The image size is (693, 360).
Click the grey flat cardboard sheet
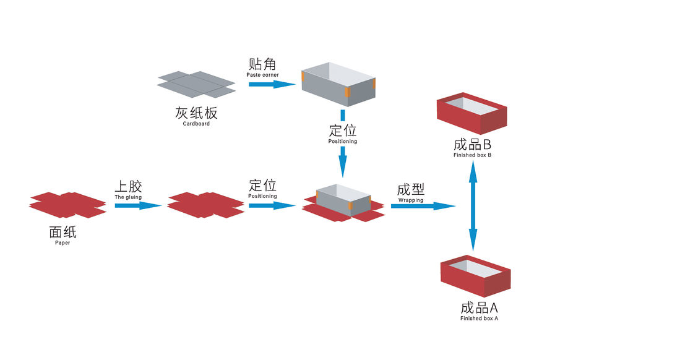[x=197, y=84]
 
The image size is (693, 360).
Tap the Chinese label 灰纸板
[x=196, y=113]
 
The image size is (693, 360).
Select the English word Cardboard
[x=196, y=124]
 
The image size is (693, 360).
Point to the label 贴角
[x=262, y=64]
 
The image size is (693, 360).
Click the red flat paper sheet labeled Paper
[x=67, y=205]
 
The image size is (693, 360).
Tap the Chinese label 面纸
[x=62, y=233]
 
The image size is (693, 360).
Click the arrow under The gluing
[x=138, y=205]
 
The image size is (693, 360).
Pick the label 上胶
[x=127, y=186]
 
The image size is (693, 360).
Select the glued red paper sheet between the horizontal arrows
[x=205, y=205]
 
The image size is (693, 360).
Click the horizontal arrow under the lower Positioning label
[x=272, y=205]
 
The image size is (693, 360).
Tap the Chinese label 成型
[x=411, y=190]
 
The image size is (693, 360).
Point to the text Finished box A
[x=480, y=318]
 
